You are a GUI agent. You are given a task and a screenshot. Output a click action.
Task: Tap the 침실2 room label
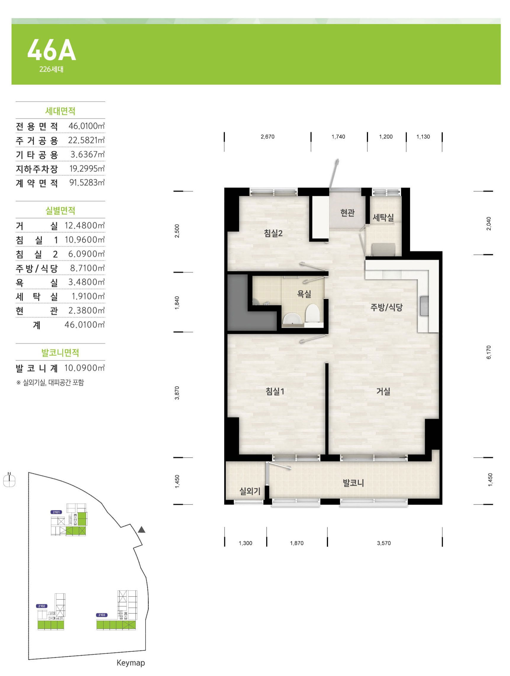coord(273,234)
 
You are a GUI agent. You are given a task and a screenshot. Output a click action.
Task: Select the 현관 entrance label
coord(347,213)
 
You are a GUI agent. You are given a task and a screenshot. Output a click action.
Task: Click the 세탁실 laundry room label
coord(383,218)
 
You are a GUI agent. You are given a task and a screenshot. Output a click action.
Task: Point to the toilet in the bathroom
coord(312,313)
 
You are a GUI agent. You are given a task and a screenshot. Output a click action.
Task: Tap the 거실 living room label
coord(383,391)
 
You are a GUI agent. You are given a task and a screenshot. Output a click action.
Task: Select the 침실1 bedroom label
coord(275,391)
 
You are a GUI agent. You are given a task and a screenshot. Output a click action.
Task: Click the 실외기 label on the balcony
coord(250,491)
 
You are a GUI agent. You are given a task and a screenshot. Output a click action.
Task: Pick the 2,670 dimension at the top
coord(267,137)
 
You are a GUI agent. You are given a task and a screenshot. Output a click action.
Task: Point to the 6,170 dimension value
coord(489,352)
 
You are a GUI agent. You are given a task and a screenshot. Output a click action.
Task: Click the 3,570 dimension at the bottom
coord(384,543)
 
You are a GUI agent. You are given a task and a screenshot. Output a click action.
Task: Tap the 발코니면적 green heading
coord(60,353)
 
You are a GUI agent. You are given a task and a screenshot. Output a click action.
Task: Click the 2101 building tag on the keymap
coord(57,512)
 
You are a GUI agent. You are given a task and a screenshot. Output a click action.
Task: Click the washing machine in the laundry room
coord(383,249)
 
